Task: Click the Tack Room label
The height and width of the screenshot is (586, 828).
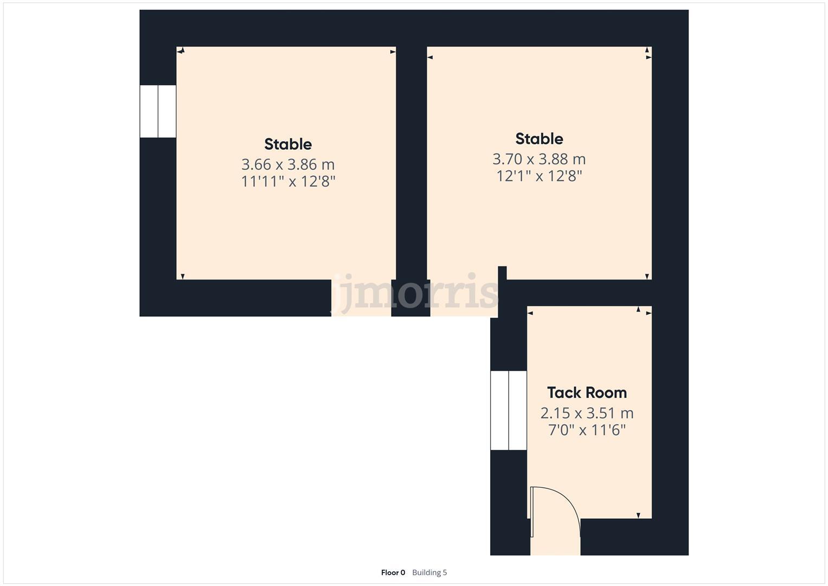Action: tap(587, 392)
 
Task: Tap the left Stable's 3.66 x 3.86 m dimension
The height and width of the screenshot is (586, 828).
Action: tap(288, 164)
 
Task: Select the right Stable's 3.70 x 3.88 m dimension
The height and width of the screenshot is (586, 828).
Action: tap(539, 159)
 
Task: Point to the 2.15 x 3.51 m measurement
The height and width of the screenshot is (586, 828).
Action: tap(587, 413)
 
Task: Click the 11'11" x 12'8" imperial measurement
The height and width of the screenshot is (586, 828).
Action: tap(288, 181)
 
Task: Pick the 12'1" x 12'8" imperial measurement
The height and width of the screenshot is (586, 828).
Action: tap(539, 176)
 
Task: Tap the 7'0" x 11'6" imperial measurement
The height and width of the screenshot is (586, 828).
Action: tap(587, 430)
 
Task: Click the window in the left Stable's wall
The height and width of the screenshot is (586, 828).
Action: tap(158, 111)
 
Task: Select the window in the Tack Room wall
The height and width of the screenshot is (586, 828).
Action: tap(509, 411)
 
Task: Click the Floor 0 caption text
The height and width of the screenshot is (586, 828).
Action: tap(393, 572)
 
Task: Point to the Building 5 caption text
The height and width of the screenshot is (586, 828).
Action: tap(429, 572)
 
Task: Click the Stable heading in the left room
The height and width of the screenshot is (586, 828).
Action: tap(288, 144)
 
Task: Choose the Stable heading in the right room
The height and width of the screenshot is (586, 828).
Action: tap(539, 139)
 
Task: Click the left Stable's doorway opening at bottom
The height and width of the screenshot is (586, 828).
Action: tap(361, 298)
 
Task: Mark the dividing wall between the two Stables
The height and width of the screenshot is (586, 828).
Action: tap(411, 163)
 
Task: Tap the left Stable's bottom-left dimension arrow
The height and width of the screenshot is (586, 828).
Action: tap(183, 277)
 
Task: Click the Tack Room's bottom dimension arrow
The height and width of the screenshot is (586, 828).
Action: tap(638, 515)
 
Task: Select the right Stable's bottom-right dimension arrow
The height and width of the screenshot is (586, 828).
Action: tap(647, 277)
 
